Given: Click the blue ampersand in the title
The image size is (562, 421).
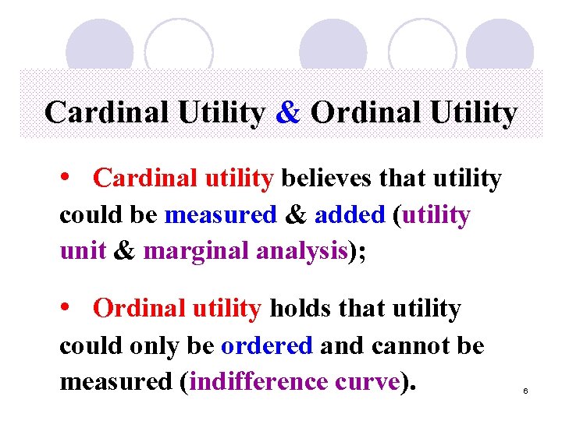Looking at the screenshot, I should pyautogui.click(x=288, y=113).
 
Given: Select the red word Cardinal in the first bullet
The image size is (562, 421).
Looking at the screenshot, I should pyautogui.click(x=147, y=179).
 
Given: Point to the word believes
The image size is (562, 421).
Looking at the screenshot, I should pyautogui.click(x=328, y=179).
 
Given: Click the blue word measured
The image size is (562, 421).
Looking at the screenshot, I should pyautogui.click(x=221, y=214).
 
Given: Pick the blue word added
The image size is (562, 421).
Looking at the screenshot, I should pyautogui.click(x=350, y=214).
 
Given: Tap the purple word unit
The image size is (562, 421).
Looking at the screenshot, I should pyautogui.click(x=82, y=251).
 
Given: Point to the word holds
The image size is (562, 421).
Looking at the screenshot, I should pyautogui.click(x=300, y=309).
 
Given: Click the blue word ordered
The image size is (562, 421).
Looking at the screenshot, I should pyautogui.click(x=267, y=345).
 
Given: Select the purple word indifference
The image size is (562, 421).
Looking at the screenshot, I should pyautogui.click(x=254, y=382).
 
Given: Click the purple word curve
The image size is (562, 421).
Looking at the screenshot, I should pyautogui.click(x=367, y=382).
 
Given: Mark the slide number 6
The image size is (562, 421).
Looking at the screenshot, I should pyautogui.click(x=526, y=390).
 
